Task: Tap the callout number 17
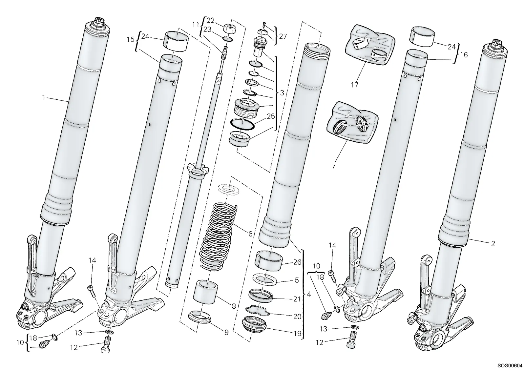point(355,85)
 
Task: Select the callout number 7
point(333,166)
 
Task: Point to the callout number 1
point(44,97)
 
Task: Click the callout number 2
point(493,243)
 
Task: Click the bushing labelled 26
point(269,260)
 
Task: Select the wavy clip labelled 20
point(257,310)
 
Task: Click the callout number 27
point(283,36)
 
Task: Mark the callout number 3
point(282,93)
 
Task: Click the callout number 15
point(131,39)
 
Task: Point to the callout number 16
point(464,54)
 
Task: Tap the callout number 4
point(309,294)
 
